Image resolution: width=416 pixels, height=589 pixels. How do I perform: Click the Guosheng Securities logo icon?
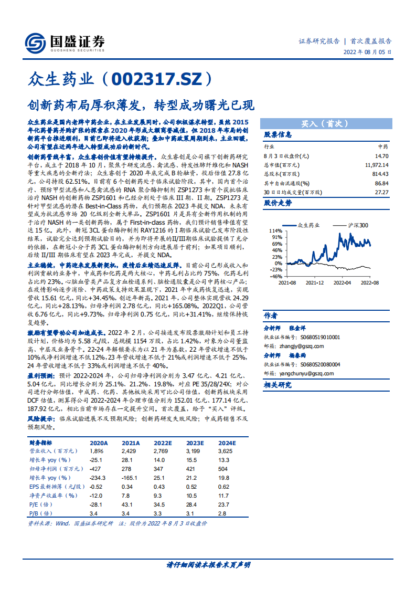click(35, 41)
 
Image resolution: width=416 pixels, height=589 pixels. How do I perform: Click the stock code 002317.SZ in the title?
click(161, 79)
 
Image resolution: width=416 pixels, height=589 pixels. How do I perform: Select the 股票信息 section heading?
click(278, 134)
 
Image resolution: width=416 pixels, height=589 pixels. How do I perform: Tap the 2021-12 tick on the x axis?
click(315, 282)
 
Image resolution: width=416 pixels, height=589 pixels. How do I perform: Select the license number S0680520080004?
click(313, 364)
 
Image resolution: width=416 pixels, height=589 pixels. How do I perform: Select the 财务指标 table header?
click(40, 444)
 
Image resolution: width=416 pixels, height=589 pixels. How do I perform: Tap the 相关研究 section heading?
click(278, 385)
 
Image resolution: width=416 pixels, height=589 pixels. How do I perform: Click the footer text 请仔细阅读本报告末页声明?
click(208, 565)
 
